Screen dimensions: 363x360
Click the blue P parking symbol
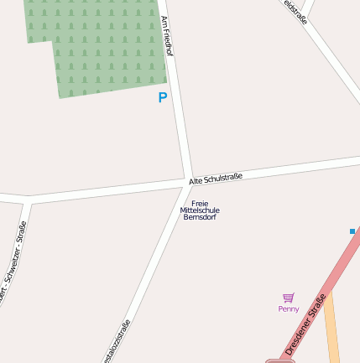click(163, 97)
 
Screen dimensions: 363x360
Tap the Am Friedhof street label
click(167, 36)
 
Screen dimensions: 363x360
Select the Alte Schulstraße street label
click(216, 179)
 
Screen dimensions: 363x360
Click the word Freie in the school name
click(200, 204)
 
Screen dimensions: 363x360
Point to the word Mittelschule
click(200, 210)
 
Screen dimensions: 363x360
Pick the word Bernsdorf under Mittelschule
click(200, 217)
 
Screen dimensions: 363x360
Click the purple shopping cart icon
click(289, 298)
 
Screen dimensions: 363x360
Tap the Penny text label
click(289, 309)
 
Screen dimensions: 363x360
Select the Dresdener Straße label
click(305, 323)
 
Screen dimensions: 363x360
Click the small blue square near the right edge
click(352, 231)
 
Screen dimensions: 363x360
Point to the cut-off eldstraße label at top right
click(295, 11)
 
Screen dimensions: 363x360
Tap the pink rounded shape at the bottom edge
click(279, 360)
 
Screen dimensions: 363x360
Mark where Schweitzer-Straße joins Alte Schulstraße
click(29, 201)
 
